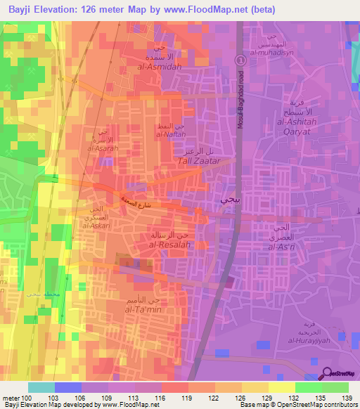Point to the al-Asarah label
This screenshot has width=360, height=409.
[101, 148]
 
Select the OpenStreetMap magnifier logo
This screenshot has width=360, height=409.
[328, 373]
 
